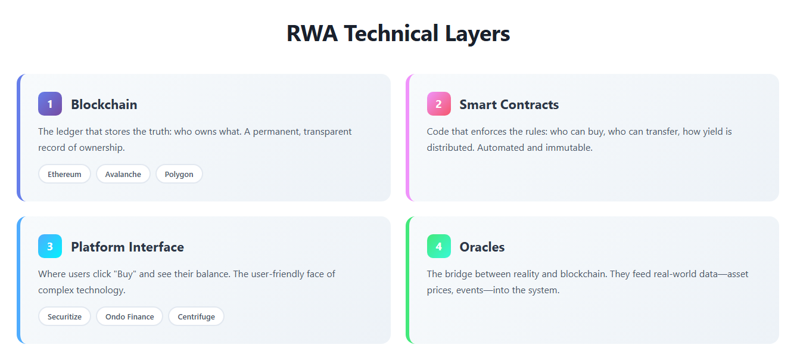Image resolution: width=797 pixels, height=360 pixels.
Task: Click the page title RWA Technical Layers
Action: pos(398,33)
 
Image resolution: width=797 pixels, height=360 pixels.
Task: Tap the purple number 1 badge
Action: pos(50,104)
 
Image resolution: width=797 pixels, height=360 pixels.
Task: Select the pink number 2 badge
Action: pos(438,104)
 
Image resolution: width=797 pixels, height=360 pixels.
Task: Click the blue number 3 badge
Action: pos(50,247)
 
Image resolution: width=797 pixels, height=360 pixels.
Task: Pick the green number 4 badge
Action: pos(438,247)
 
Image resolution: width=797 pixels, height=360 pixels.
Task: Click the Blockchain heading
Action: pos(104,105)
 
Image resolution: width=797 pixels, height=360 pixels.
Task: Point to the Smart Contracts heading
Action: pos(509,105)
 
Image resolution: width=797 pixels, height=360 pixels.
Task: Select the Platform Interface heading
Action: pos(127,247)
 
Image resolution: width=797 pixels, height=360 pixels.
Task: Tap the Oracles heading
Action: pos(482,247)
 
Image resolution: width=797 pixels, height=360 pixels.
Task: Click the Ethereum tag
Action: pos(64,174)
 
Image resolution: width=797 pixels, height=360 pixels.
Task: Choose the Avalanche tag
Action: pos(123,174)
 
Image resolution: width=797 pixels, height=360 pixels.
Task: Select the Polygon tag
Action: pos(179,174)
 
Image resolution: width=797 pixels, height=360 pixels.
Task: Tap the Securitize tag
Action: pos(64,316)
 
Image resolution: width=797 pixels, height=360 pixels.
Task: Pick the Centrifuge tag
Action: pos(196,316)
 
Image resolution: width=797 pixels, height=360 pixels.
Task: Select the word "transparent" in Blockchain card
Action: pos(328,132)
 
